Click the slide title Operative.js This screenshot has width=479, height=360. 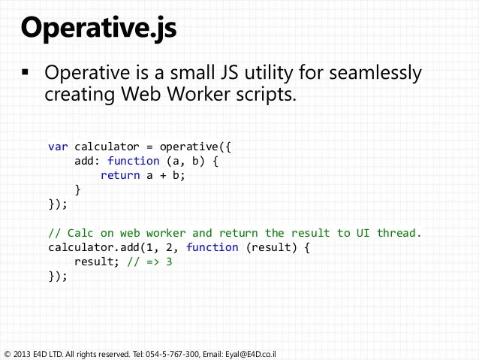99,30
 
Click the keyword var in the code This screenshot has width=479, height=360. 58,146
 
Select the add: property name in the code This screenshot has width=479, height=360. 88,160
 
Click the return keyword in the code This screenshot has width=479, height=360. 120,175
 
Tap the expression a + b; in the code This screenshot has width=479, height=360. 167,175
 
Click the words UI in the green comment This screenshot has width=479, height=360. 357,232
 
